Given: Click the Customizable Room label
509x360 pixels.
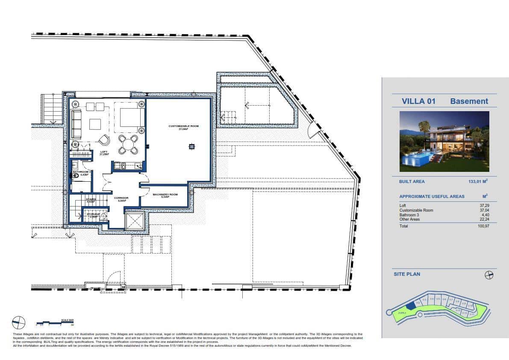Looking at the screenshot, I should [183, 126].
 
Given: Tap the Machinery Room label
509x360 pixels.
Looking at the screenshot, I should [165, 195].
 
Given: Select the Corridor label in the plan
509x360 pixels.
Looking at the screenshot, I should [121, 198].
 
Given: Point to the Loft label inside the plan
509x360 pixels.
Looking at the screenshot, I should [103, 152].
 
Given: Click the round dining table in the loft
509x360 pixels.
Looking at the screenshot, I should [128, 145].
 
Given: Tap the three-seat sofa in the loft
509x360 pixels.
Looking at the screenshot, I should [76, 124].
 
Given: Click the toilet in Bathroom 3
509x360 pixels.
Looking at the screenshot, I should [75, 165].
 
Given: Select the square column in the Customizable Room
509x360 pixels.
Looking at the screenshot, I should [191, 147].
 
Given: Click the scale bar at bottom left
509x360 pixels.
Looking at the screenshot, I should [55, 323].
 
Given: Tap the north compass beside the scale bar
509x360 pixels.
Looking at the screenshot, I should [18, 322].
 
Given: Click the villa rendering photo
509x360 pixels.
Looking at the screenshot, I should [444, 142].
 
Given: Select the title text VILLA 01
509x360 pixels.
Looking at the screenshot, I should [418, 101].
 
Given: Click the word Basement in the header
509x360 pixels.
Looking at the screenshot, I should [469, 101].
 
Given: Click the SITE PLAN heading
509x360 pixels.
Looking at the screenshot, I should [406, 274].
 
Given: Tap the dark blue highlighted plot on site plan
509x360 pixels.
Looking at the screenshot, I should [411, 305].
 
